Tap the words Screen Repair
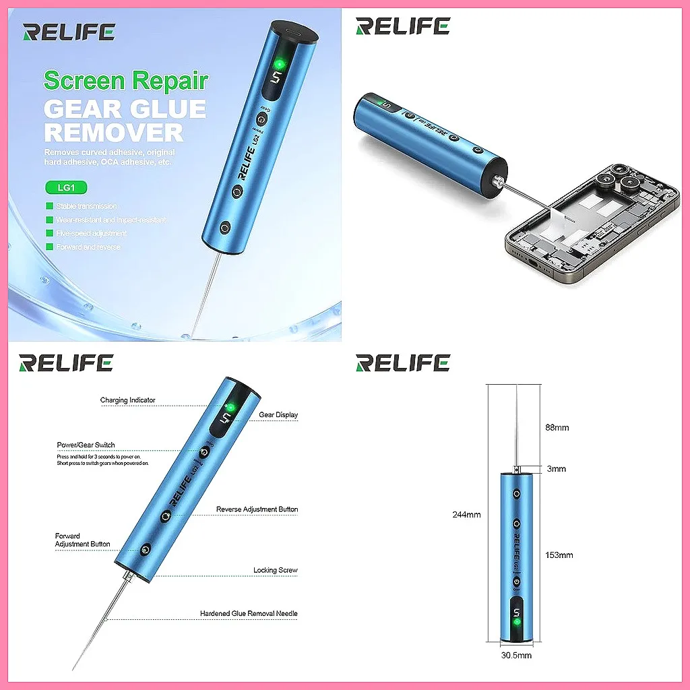point(126,81)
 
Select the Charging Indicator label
point(127,400)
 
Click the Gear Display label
point(278,415)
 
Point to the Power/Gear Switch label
point(86,445)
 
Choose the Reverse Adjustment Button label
point(257,509)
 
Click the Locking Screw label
point(275,570)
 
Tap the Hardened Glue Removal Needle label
point(249,614)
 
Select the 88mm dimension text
point(557,428)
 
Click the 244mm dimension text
point(466,515)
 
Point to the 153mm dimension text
point(559,555)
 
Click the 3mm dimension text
point(557,469)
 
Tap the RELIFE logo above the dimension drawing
point(402,363)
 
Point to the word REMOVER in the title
point(114,131)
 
